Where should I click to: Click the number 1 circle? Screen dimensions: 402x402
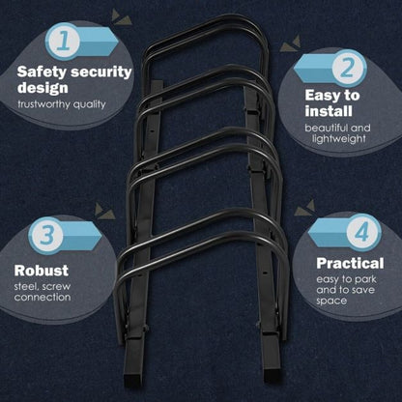tap(62, 41)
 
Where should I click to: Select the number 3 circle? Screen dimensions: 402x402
tap(45, 234)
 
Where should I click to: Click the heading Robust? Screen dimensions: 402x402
tap(43, 270)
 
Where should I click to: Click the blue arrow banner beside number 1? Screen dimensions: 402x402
tap(98, 41)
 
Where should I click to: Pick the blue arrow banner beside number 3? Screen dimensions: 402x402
tap(82, 235)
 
